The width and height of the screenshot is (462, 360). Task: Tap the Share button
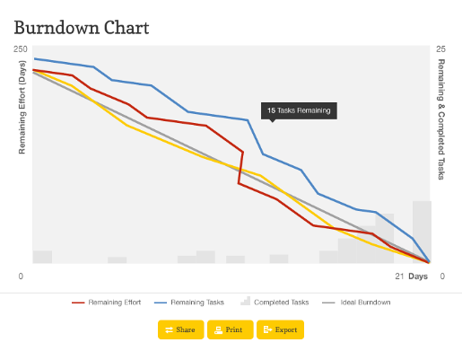pos(180,329)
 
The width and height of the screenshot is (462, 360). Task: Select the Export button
pos(280,329)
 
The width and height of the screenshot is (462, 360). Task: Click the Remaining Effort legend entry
pos(105,303)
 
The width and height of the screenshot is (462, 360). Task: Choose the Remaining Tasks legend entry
pos(189,303)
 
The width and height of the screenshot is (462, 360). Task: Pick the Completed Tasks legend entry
pos(275,303)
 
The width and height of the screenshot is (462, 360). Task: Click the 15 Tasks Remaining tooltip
pos(298,111)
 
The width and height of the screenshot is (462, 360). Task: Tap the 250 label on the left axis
pos(21,48)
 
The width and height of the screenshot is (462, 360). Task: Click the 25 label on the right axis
pos(440,48)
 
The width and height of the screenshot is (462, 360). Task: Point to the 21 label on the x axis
pos(400,277)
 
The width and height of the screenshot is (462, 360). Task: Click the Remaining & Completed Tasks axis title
pos(441,119)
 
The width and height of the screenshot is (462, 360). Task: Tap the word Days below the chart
pos(418,277)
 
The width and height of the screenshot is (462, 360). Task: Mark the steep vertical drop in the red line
pos(240,167)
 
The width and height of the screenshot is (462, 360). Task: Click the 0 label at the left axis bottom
pos(21,277)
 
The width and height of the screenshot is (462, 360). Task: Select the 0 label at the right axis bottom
pos(441,277)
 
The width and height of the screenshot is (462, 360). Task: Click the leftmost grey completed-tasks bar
pos(42,257)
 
